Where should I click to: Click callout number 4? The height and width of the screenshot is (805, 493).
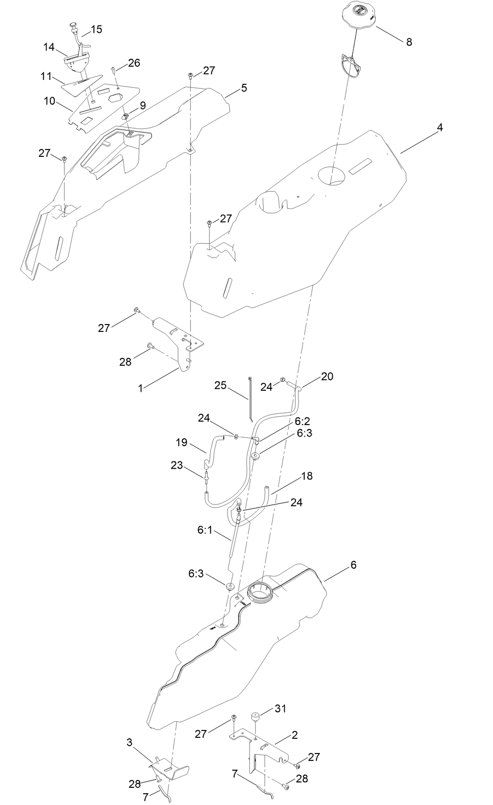pos(440,127)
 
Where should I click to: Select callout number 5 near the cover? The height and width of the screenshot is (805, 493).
pos(244,88)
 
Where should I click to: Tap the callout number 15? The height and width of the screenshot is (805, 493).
pos(97,29)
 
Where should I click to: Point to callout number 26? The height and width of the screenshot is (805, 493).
pos(134,63)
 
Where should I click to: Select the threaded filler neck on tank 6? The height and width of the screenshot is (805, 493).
pos(260,591)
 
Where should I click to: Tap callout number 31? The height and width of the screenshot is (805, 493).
pos(280,708)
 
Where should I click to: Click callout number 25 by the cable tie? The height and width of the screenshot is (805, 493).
pos(220,385)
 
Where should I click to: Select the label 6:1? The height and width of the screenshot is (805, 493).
pos(205,530)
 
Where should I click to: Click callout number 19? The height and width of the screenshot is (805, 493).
pos(182,442)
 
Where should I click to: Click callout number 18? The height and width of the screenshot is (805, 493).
pos(307,476)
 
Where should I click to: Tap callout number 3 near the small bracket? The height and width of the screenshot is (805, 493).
pos(129,742)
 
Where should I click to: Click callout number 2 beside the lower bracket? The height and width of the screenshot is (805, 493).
pos(295,735)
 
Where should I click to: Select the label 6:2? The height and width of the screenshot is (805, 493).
pos(302,421)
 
